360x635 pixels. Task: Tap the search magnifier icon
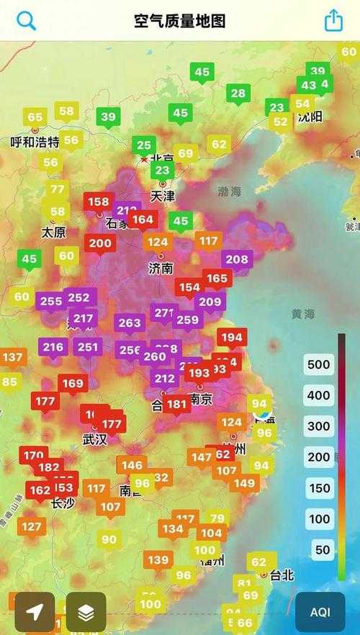coord(27,20)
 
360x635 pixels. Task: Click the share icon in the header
coord(333,20)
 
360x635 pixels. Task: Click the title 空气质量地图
coord(180,21)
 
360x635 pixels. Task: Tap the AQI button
coord(320,612)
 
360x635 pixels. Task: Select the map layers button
coord(86,612)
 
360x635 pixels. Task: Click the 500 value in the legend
coord(318,364)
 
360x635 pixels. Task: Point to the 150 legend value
coord(318,487)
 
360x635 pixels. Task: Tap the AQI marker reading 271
coord(165,313)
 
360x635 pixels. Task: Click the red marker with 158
coord(99,202)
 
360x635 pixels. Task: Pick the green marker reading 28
coord(238,94)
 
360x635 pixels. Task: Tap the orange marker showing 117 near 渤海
coord(209,240)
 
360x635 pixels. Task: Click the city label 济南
coord(161,268)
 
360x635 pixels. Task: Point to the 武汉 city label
coord(94,439)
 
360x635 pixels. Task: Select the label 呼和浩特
coord(35,142)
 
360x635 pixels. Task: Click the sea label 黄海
coord(303,314)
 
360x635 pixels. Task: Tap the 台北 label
coord(282,575)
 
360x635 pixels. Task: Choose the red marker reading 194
coord(232,337)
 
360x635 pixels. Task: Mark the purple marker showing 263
coord(130,323)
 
